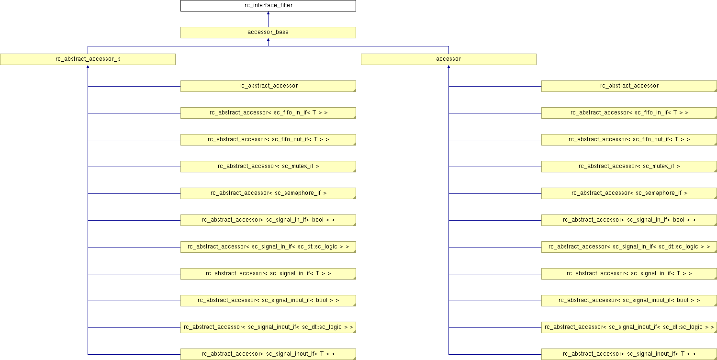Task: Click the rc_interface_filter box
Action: point(268,6)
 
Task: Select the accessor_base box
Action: point(268,33)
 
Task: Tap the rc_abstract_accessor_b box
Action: point(88,59)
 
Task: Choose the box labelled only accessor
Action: point(448,59)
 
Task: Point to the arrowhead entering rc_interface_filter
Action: point(268,13)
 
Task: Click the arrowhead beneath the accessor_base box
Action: point(268,40)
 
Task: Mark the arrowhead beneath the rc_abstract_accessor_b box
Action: point(88,67)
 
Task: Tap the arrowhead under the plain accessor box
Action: point(449,67)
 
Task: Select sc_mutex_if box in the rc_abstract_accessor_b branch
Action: point(268,167)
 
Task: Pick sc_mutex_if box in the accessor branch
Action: point(629,167)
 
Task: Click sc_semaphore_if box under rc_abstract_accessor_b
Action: point(268,193)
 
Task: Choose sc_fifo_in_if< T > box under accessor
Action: point(629,113)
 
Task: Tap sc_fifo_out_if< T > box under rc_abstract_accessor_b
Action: point(268,140)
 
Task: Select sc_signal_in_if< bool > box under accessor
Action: point(629,220)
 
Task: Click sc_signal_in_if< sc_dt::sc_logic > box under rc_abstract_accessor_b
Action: point(268,247)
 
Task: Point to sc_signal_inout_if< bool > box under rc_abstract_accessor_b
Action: point(268,301)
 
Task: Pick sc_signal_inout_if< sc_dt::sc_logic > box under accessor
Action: point(629,327)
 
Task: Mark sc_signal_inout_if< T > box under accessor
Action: point(629,354)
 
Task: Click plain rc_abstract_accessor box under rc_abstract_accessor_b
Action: point(268,86)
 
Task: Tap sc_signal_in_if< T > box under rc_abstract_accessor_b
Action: point(268,274)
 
